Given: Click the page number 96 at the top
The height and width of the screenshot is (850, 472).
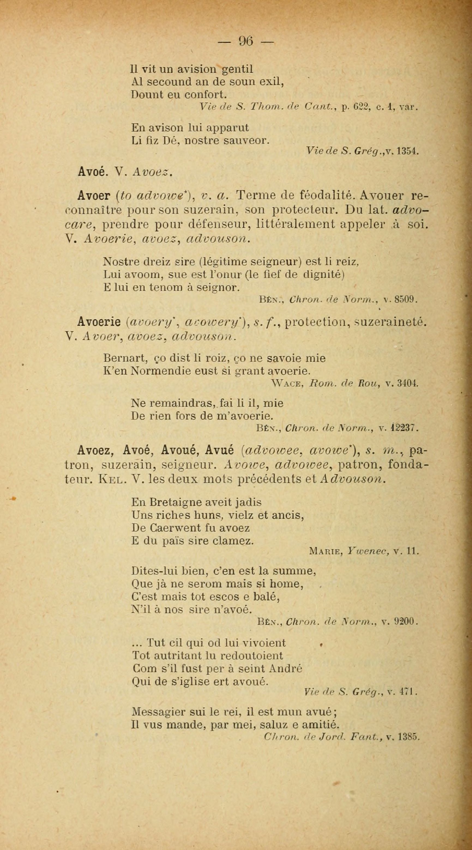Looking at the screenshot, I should pyautogui.click(x=246, y=41).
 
